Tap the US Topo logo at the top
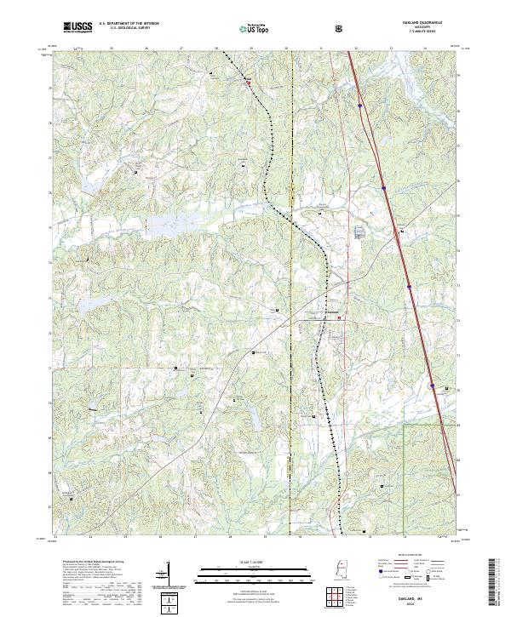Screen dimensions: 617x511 click(x=255, y=28)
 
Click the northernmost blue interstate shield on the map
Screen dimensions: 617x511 click(x=361, y=106)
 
